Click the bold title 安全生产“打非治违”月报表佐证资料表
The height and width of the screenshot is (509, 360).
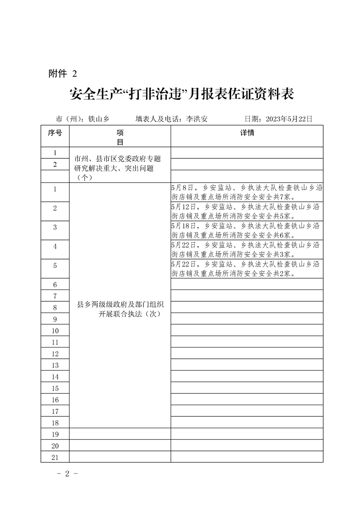[182, 94]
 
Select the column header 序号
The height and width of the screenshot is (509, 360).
[55, 133]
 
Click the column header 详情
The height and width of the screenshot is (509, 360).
[247, 133]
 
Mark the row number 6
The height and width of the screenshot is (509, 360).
[55, 285]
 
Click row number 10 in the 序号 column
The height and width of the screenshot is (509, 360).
[55, 331]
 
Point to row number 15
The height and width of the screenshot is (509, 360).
[55, 388]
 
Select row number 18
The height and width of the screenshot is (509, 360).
[55, 423]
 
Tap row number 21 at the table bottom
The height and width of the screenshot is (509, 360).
[55, 457]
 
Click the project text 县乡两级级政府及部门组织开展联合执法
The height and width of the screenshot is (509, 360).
[120, 309]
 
